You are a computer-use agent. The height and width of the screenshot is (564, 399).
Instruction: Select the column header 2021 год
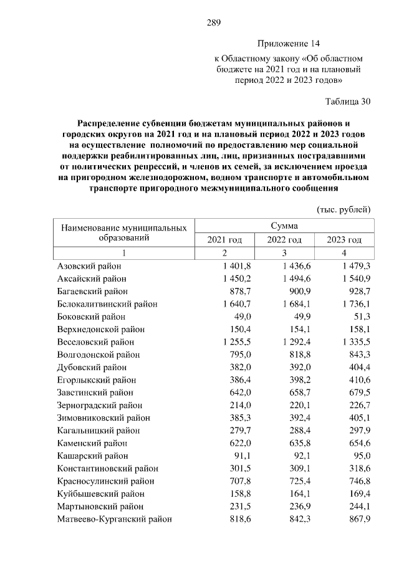tap(224, 240)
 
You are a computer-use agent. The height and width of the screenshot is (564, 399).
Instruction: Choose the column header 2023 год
tap(344, 240)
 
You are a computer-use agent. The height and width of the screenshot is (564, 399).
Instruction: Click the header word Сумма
tap(284, 226)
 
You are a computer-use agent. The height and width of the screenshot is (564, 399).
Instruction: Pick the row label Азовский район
tap(89, 266)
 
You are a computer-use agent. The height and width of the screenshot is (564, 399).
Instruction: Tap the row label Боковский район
tap(92, 317)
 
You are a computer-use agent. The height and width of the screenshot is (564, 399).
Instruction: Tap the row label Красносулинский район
tap(102, 480)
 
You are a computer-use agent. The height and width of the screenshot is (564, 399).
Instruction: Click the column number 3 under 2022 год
tap(284, 253)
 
